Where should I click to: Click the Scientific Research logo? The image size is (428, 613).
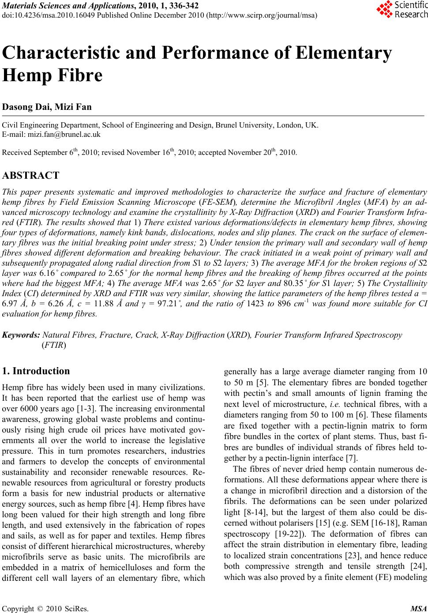402,10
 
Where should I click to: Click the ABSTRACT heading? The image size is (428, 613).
30,175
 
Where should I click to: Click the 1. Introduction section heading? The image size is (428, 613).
36,371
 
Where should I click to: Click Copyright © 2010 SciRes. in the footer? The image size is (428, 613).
45,609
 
